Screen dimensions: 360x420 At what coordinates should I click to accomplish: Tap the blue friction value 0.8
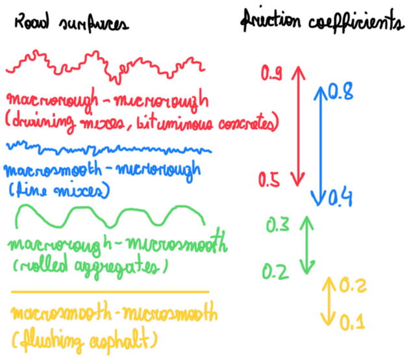click(x=341, y=93)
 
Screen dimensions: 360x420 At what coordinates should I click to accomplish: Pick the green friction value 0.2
click(x=275, y=271)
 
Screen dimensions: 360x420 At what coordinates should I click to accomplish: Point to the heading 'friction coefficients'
click(x=322, y=23)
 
